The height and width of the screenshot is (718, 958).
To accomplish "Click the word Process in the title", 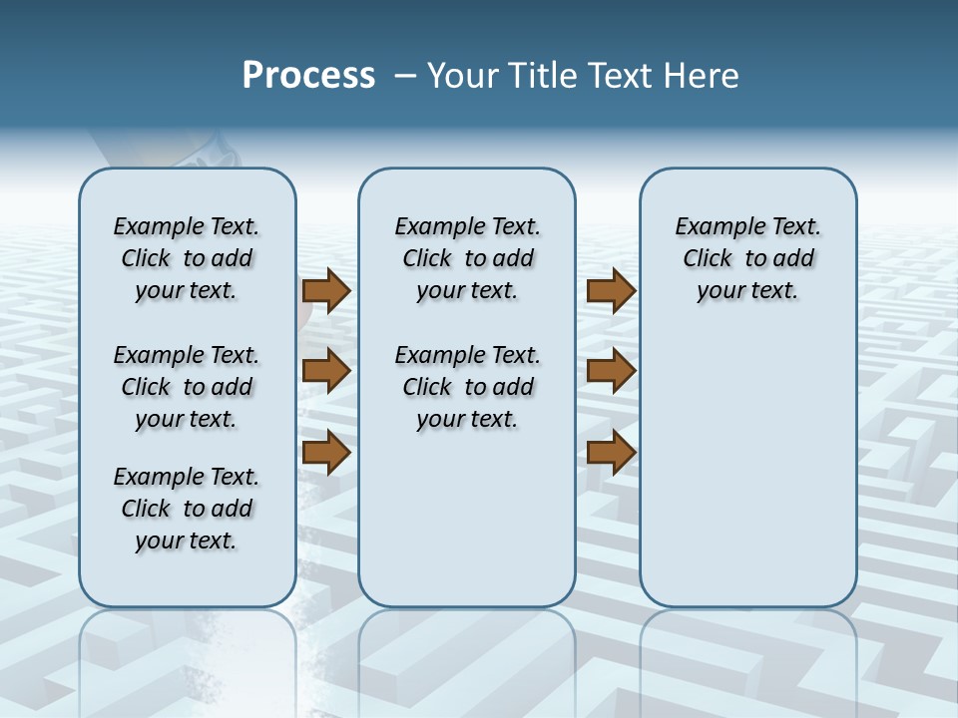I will point(308,76).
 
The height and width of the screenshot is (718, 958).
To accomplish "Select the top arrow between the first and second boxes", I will point(326,291).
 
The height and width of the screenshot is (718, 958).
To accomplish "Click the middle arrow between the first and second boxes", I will point(326,371).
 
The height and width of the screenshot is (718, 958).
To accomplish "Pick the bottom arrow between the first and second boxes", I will point(326,452).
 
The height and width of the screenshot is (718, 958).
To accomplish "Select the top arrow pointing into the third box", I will point(611,291).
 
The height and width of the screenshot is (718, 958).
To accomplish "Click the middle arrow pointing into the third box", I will point(611,371).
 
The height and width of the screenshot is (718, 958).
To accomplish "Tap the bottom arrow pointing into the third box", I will point(611,452).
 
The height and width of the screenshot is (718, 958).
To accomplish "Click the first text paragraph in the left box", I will point(187,258).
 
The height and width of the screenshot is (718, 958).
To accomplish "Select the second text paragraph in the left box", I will point(187,387).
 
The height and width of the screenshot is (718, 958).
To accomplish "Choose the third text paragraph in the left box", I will point(187,509).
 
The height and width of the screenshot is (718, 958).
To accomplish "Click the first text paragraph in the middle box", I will point(467,258).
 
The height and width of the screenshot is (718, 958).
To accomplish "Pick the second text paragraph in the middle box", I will point(467,387).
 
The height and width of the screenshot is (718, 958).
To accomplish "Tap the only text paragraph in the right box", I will point(747,258).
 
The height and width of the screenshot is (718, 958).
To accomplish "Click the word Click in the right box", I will point(708,259).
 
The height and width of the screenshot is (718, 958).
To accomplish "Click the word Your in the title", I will point(462,76).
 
